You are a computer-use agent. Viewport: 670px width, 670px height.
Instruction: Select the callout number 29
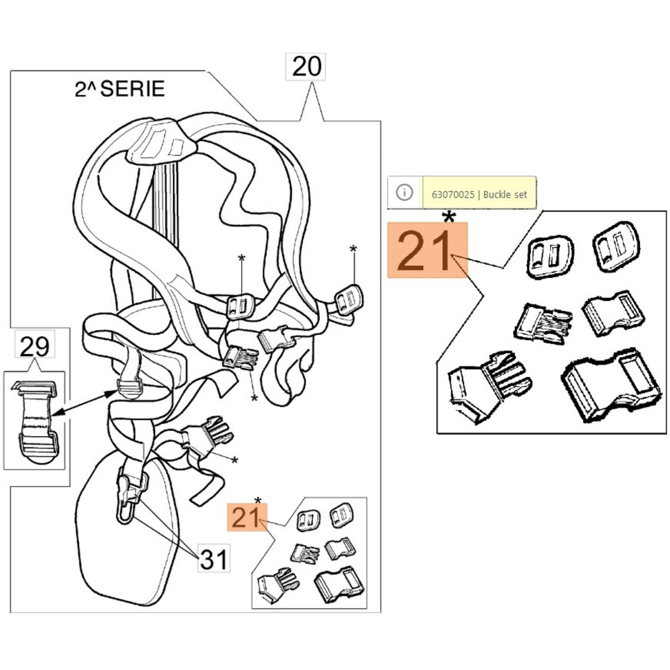tap(34, 346)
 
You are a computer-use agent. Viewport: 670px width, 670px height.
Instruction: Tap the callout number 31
tap(214, 559)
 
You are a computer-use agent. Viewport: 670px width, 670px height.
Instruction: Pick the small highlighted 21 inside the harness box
tap(247, 518)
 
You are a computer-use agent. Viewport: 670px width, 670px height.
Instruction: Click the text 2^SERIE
tap(120, 89)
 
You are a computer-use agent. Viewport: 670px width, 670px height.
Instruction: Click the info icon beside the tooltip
tap(404, 193)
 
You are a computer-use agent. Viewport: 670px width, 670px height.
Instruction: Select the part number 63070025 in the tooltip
tap(453, 195)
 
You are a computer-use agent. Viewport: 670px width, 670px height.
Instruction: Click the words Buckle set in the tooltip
tap(505, 195)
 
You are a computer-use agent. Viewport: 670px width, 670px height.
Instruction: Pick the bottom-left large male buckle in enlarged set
tap(488, 385)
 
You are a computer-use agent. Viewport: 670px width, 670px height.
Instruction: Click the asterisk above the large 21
tap(449, 217)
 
